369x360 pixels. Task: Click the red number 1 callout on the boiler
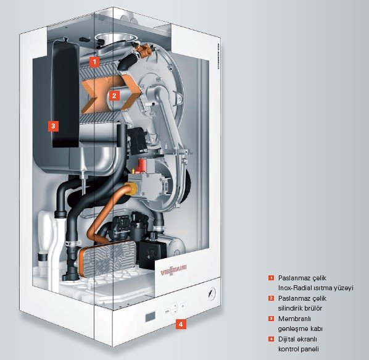click(94, 62)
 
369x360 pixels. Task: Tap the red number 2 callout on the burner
click(114, 96)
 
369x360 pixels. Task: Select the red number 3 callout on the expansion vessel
click(53, 126)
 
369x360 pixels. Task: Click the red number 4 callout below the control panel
click(181, 324)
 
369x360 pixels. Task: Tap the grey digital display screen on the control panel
click(151, 317)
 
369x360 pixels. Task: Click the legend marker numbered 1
click(271, 278)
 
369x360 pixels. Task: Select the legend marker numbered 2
click(271, 298)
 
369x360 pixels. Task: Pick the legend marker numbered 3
click(271, 319)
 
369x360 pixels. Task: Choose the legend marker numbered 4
click(271, 339)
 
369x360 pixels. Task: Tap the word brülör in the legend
click(313, 308)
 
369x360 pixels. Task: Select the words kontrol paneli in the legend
click(299, 349)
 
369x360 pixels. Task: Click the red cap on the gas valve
click(142, 165)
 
